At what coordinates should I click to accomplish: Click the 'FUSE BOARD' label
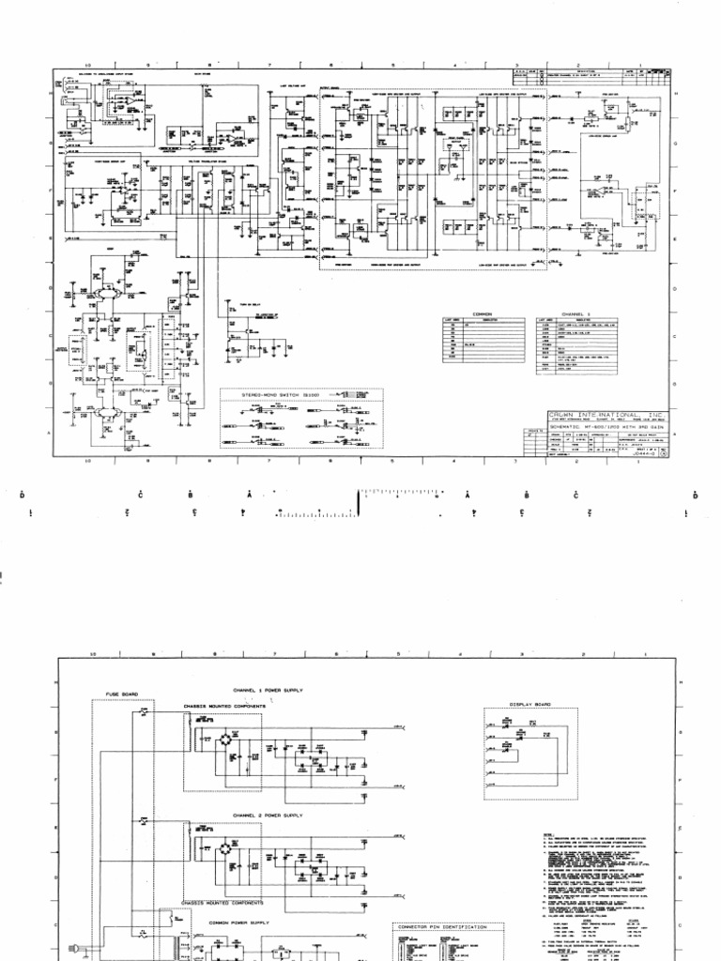tap(123, 694)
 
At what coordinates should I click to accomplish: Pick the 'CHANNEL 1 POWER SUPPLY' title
tap(269, 690)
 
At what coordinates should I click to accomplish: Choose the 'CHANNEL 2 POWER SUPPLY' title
tap(269, 816)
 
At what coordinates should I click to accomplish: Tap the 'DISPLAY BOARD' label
tap(529, 704)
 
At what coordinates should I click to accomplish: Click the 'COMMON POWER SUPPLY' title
tap(238, 923)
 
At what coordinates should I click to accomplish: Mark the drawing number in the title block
tap(648, 453)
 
